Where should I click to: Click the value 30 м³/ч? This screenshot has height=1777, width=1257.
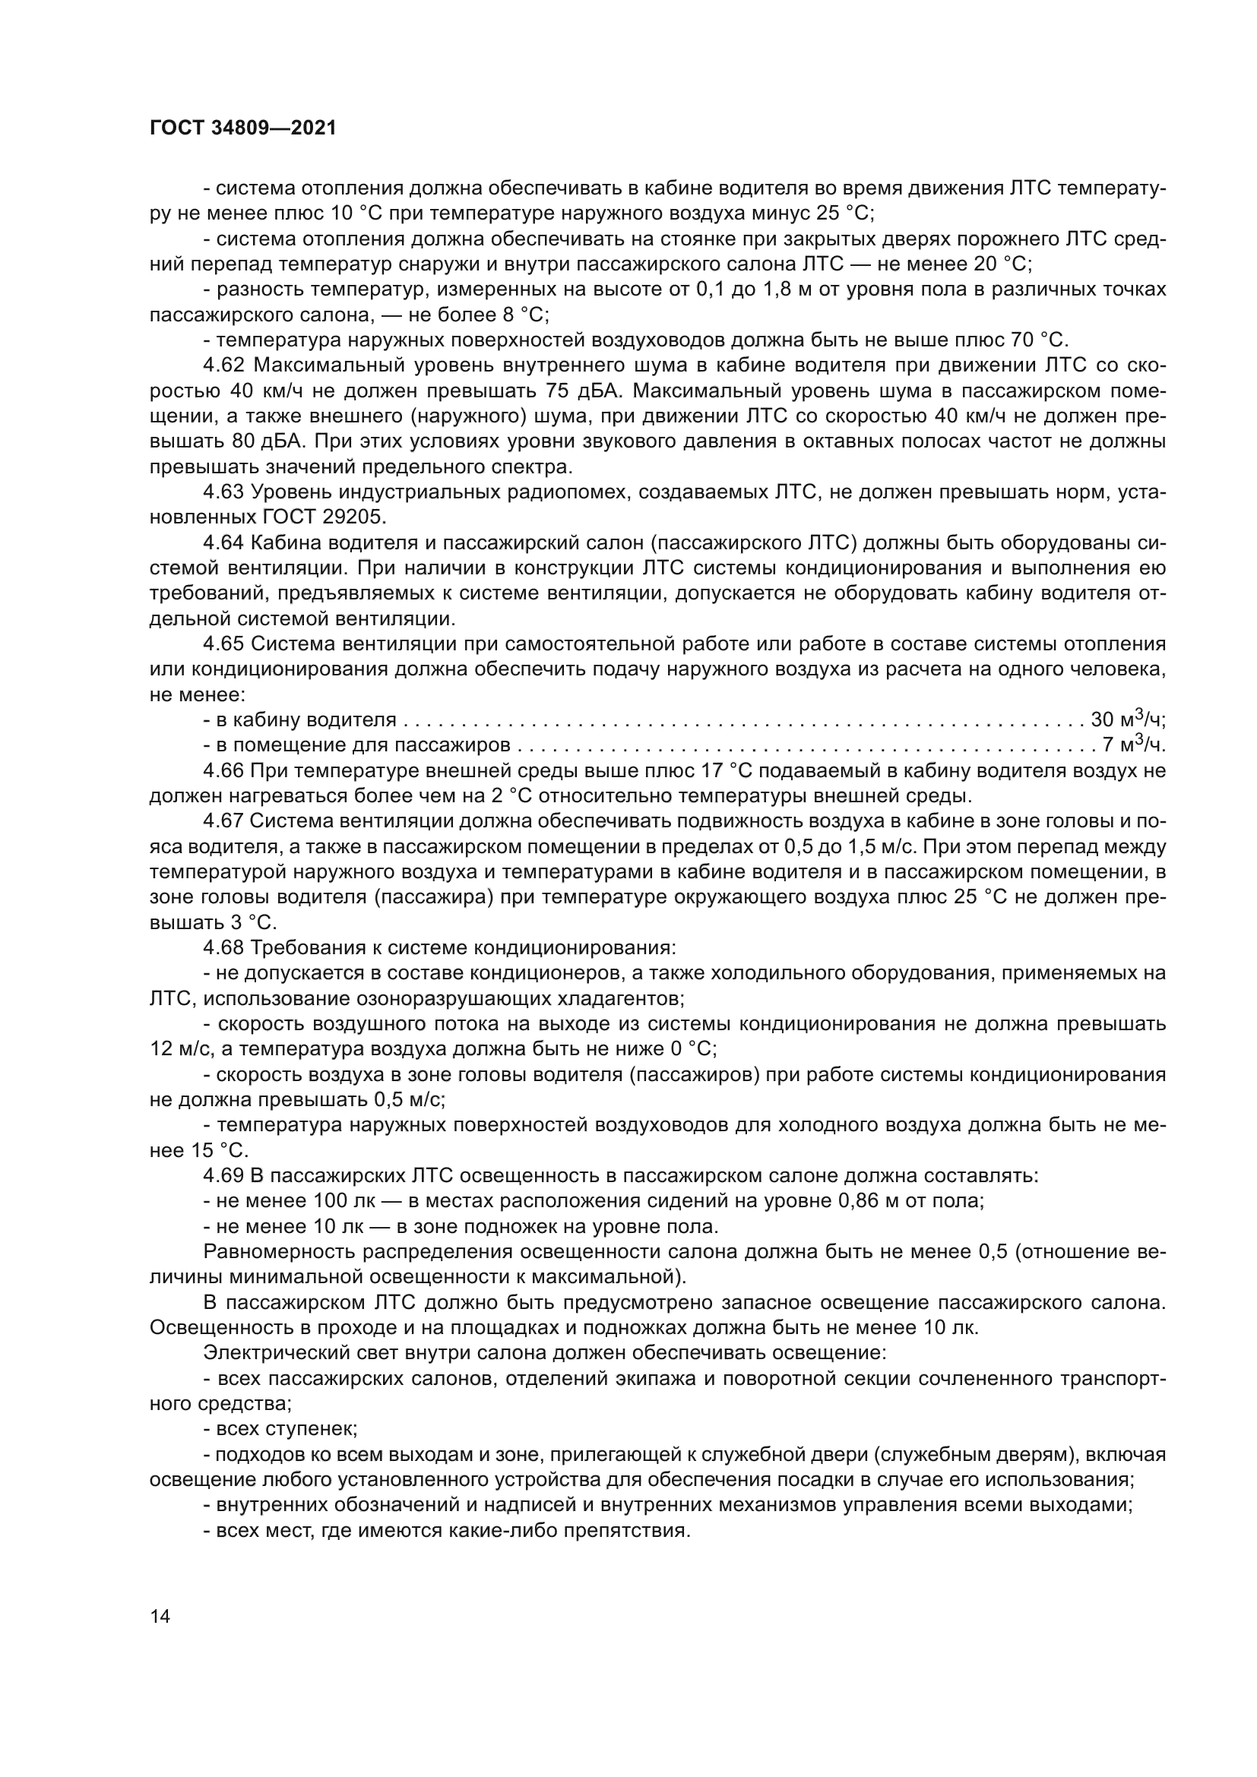[1127, 720]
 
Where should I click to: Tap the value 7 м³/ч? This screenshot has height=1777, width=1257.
[1133, 746]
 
